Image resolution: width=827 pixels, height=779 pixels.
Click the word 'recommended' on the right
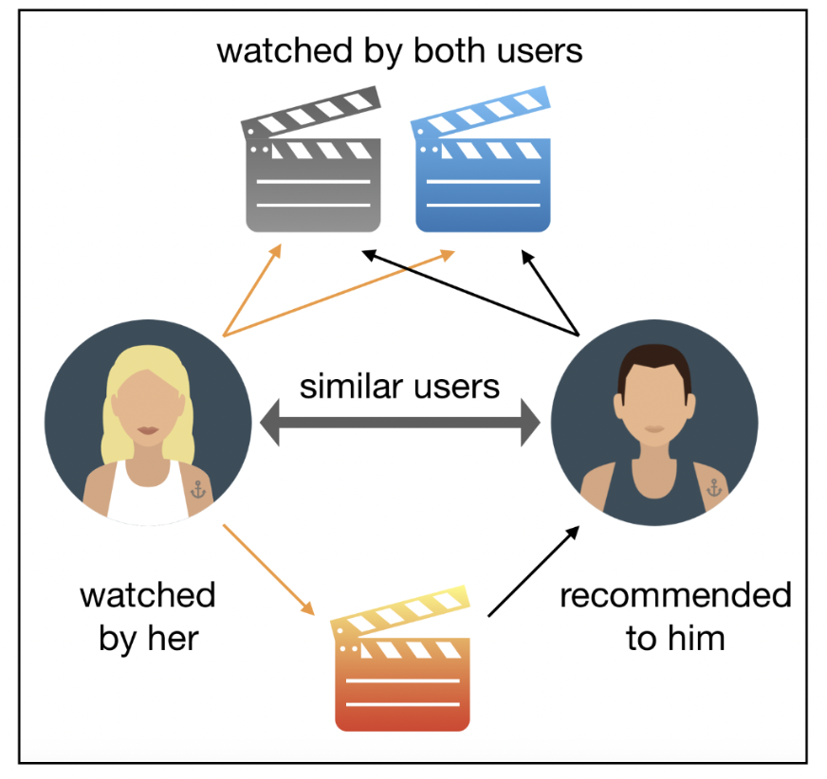[x=674, y=596]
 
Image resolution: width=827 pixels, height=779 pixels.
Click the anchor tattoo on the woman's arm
[x=198, y=489]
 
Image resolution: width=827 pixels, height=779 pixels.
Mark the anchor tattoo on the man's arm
[x=713, y=487]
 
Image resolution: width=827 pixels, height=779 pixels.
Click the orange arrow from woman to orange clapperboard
[x=267, y=569]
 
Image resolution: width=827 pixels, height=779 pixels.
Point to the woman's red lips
[x=148, y=431]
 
